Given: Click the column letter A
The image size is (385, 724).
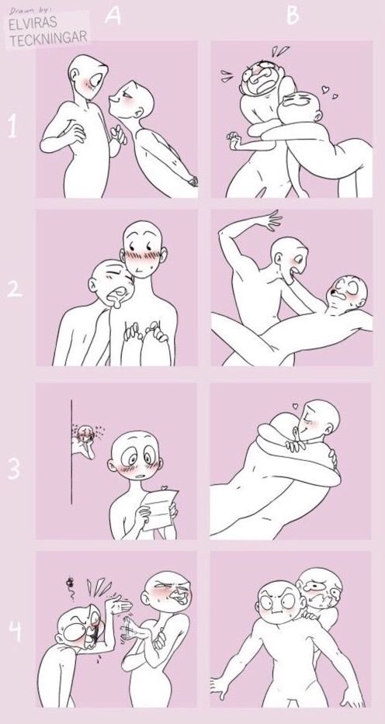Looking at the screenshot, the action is coord(113,16).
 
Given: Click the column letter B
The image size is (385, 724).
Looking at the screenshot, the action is coord(293,15).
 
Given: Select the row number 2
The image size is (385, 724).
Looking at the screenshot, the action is coord(14,289).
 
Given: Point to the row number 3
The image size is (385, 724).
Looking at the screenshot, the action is coord(14,469).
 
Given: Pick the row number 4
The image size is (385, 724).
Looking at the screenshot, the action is coord(15,631).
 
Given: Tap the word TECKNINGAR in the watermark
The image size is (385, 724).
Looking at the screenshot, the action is coord(48,38).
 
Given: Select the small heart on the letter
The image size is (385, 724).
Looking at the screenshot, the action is coord(163,487).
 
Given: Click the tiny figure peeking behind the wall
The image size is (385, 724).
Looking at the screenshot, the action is coord(85,441).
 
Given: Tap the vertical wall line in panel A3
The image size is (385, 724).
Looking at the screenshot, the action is coord(71,452).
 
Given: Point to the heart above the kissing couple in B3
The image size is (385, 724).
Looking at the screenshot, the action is coord(296,407).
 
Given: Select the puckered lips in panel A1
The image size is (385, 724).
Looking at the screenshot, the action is coord(113,99).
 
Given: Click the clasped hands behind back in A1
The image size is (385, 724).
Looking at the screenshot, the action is coord(192,181).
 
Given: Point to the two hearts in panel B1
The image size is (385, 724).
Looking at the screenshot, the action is coord(328,92).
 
